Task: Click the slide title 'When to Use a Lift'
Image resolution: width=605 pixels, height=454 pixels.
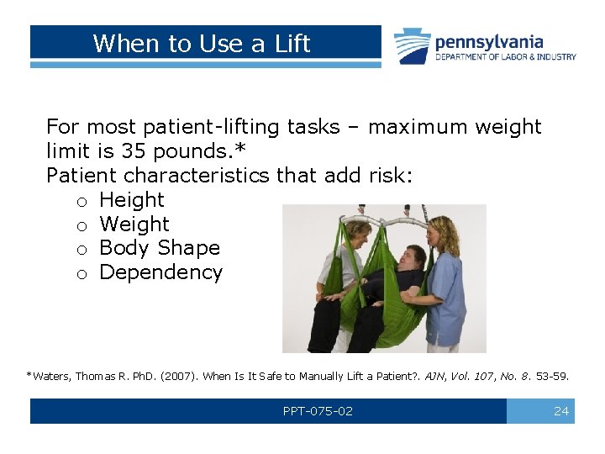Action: [202, 44]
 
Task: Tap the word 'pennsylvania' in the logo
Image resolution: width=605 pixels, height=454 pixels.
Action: [488, 41]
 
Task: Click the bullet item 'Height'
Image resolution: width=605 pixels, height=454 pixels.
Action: [132, 200]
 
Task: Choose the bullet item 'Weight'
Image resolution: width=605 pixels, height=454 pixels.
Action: [134, 224]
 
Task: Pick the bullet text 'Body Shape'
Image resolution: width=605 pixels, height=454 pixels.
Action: [160, 248]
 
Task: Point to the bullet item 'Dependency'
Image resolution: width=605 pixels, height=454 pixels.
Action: [160, 272]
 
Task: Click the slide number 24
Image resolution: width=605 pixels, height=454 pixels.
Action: [561, 411]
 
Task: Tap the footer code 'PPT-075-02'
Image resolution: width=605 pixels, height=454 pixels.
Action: [318, 411]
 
